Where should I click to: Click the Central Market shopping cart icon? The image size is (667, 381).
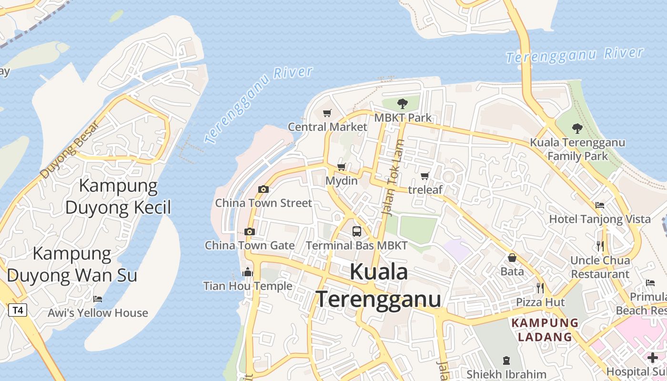(327, 113)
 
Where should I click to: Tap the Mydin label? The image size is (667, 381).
(341, 180)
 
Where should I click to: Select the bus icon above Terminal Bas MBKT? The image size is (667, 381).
(357, 232)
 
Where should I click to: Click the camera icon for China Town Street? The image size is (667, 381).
(263, 190)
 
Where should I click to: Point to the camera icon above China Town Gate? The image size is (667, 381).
(249, 232)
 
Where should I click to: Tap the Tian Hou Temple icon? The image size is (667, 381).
(248, 272)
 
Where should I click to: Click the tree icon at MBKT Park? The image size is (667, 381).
(403, 103)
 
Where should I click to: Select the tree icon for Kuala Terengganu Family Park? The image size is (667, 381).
(577, 128)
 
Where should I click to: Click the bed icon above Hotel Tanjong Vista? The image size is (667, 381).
(600, 205)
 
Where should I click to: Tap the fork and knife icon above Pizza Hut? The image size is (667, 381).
(540, 288)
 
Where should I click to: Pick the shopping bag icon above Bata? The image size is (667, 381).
(512, 258)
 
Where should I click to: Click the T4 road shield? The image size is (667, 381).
(18, 311)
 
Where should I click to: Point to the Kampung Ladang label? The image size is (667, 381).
(545, 330)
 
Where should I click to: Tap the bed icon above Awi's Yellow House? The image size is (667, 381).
(98, 299)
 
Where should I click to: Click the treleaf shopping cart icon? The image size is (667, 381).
(424, 176)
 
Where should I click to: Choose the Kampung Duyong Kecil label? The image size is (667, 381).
(118, 196)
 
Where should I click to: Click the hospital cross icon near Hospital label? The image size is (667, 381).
(653, 357)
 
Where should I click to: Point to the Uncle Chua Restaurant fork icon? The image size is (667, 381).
(600, 246)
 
